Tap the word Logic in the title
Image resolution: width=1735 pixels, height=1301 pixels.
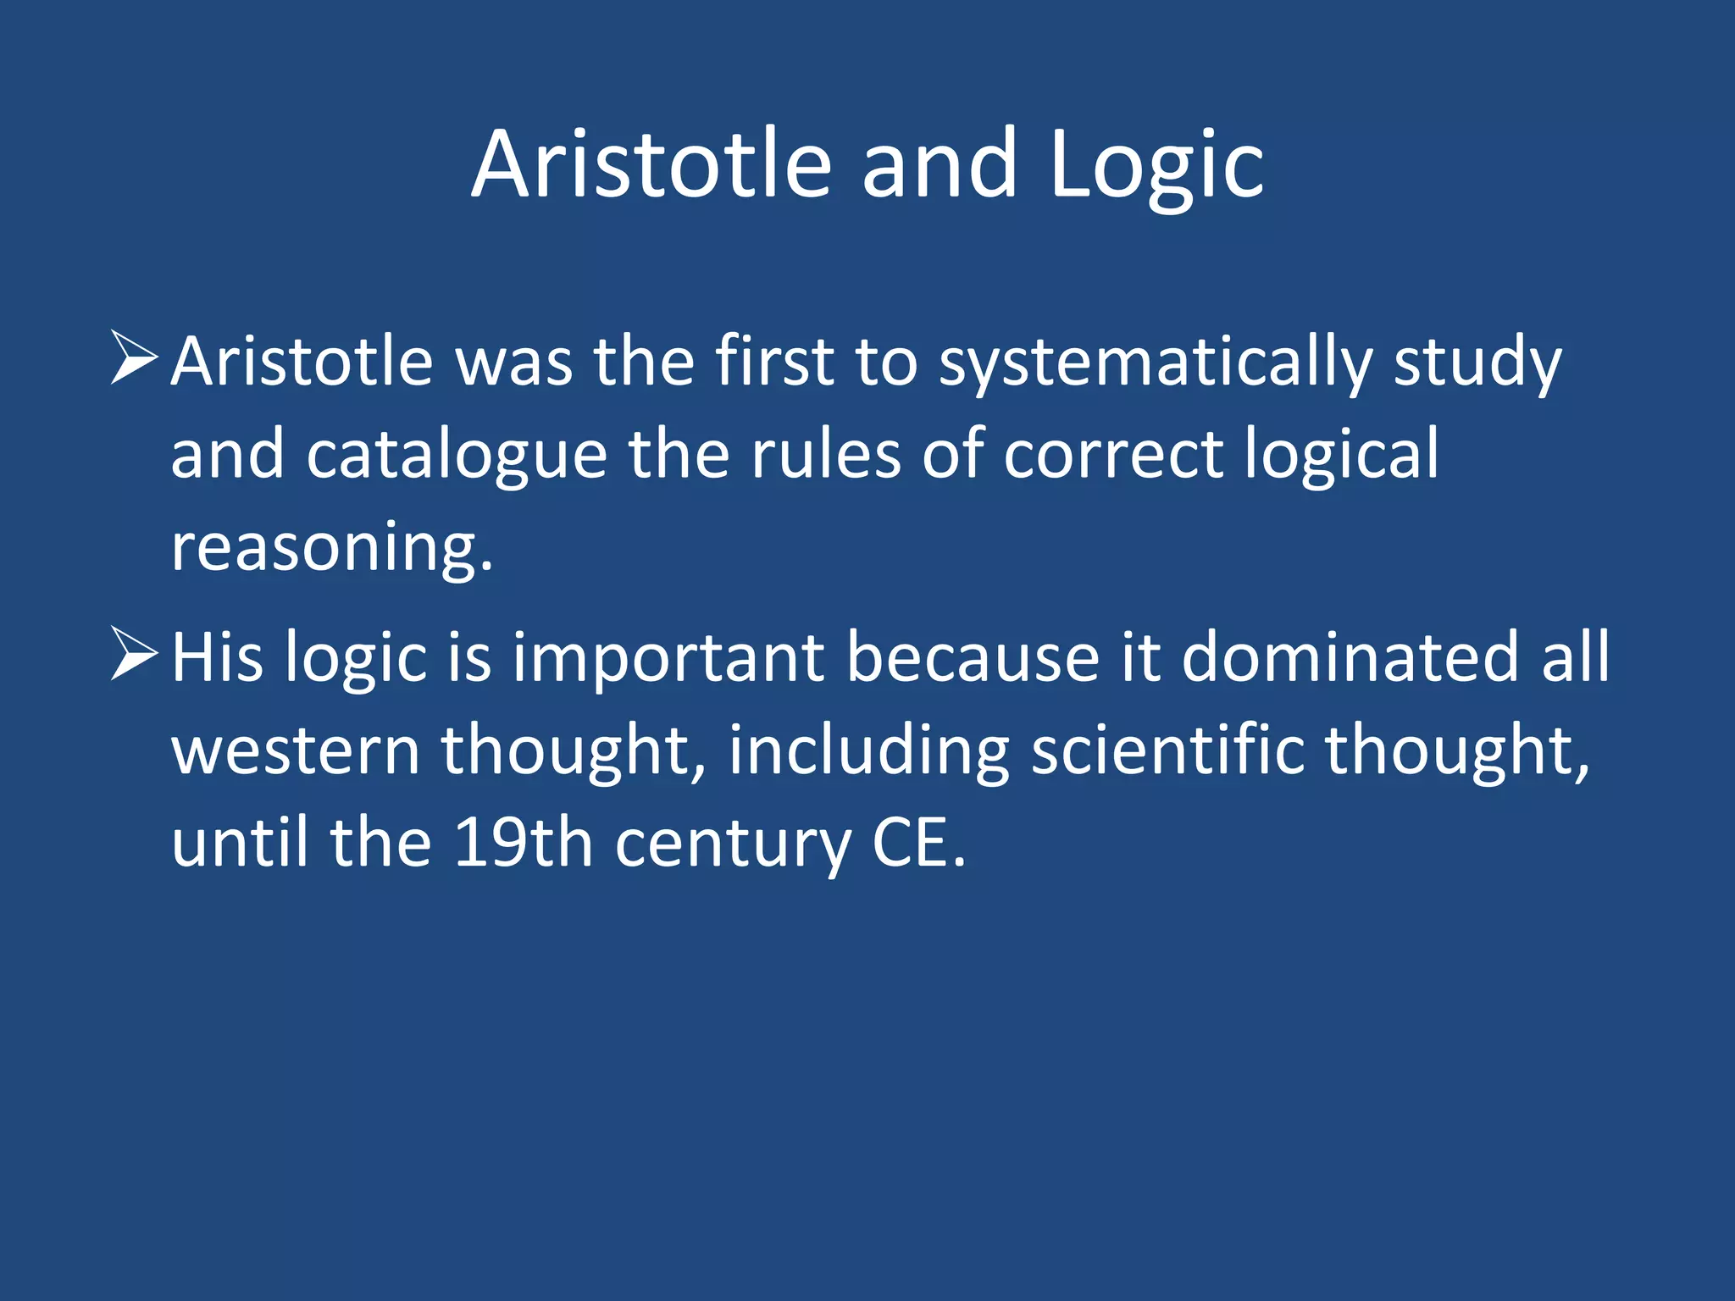[1156, 164]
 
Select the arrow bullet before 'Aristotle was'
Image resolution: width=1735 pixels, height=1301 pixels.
[134, 358]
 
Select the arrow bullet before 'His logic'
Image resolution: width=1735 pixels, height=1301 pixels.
[134, 654]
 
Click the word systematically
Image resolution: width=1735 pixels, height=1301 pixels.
[1156, 363]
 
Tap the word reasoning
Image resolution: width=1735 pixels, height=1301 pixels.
[330, 549]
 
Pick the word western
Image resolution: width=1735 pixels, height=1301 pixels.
[296, 750]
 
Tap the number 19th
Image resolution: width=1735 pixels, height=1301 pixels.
[523, 844]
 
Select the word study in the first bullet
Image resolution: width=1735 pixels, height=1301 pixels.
[1477, 363]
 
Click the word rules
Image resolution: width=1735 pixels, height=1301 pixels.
[826, 456]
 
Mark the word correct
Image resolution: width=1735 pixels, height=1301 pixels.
[1113, 456]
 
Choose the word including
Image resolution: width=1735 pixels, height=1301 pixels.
[868, 750]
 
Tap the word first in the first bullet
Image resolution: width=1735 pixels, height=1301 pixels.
[774, 363]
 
